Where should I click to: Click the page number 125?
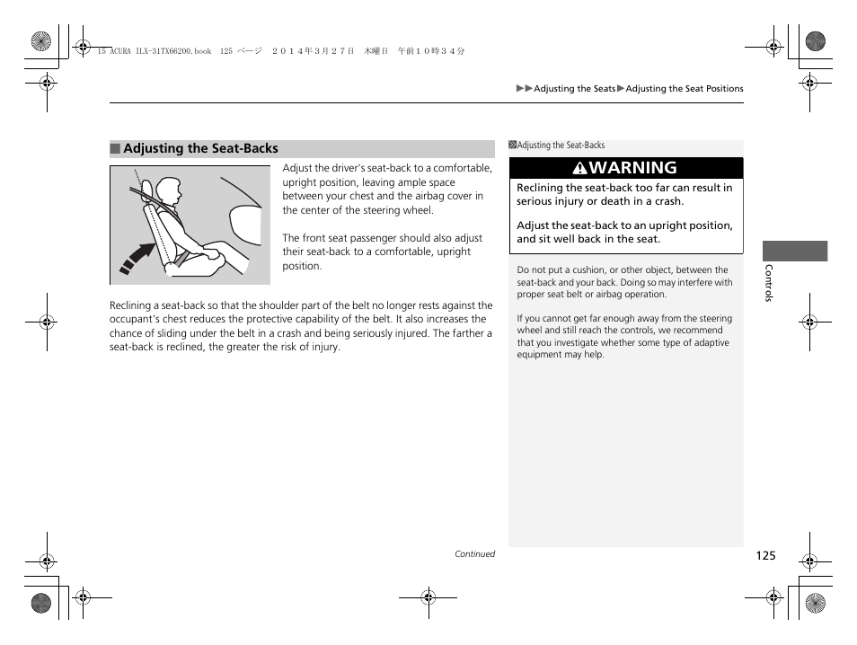pos(764,556)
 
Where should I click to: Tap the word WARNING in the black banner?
pos(634,168)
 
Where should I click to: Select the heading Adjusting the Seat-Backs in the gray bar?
pos(200,149)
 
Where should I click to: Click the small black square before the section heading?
pos(115,149)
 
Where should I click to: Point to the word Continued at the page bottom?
pos(474,554)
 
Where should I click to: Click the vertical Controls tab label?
pos(768,283)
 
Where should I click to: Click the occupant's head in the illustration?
pos(167,190)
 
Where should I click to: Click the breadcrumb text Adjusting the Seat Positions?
pos(685,89)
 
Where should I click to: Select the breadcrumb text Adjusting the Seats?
pos(575,89)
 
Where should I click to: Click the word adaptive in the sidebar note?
pos(711,343)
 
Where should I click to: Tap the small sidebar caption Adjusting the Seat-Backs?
pos(561,146)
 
